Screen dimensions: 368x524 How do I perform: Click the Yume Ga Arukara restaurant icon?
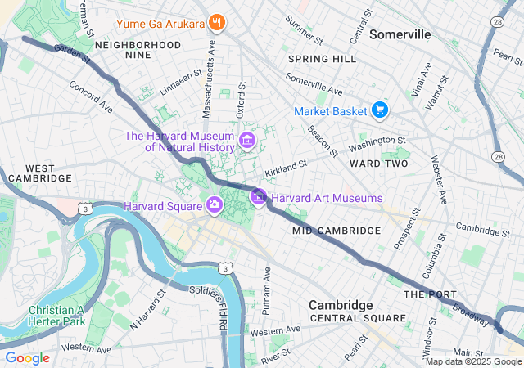click(x=216, y=22)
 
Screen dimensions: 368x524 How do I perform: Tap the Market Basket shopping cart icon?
click(x=379, y=110)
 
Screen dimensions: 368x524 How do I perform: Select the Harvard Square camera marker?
click(x=214, y=204)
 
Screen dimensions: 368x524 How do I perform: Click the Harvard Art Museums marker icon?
click(x=259, y=196)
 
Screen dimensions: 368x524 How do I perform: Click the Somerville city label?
click(x=400, y=34)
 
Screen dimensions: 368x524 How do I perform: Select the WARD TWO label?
click(x=378, y=164)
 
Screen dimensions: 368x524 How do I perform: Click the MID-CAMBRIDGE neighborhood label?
click(x=336, y=231)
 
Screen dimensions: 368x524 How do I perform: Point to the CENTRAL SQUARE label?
click(x=357, y=318)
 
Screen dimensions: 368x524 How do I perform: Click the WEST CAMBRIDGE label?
click(x=38, y=172)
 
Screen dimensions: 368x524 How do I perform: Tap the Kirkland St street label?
click(x=286, y=169)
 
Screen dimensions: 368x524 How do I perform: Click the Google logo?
click(x=27, y=358)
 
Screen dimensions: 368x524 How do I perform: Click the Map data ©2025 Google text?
click(x=472, y=361)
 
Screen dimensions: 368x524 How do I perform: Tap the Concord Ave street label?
click(x=89, y=96)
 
